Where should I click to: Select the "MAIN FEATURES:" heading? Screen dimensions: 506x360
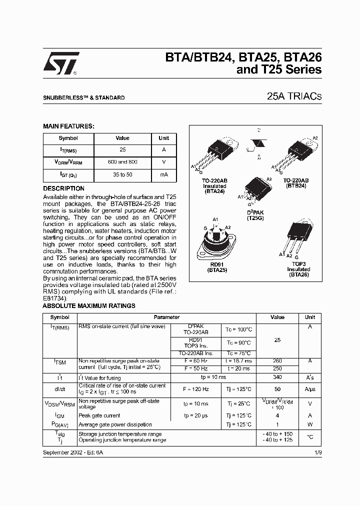click(68, 127)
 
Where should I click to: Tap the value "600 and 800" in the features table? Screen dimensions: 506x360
click(122, 162)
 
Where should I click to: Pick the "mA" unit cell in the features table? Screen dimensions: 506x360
click(164, 174)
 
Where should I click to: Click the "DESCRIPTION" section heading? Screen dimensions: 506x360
click(63, 188)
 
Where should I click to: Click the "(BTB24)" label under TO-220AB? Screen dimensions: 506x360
click(296, 185)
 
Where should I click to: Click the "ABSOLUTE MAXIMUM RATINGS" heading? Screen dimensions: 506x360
click(88, 305)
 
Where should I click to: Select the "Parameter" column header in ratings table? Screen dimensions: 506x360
click(166, 317)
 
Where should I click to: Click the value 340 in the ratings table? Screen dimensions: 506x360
click(277, 377)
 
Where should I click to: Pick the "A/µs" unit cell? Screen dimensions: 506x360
click(310, 389)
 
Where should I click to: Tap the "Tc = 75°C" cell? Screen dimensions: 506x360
click(238, 353)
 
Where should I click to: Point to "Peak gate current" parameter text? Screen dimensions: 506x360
click(99, 415)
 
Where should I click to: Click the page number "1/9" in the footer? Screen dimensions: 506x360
click(318, 452)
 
